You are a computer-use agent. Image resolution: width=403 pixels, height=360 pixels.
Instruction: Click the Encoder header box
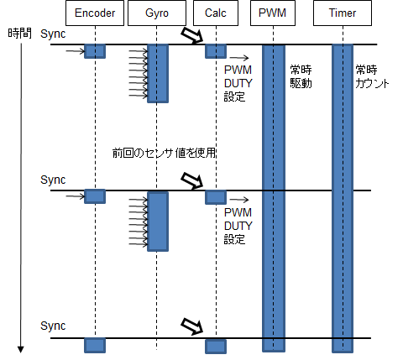95,13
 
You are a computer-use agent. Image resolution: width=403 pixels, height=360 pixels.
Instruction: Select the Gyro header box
157,13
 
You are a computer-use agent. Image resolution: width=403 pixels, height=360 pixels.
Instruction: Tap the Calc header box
216,13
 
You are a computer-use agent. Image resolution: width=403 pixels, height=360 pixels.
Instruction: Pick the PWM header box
273,13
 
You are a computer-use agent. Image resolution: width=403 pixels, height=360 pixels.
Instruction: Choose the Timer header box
343,13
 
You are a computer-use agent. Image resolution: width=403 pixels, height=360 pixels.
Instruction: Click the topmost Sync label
53,34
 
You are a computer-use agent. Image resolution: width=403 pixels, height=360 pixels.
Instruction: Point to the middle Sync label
53,180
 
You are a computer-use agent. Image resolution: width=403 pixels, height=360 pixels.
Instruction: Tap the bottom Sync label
53,326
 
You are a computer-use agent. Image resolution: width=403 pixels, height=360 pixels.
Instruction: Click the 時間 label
19,34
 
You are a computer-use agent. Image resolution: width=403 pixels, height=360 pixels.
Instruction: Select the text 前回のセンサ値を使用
164,153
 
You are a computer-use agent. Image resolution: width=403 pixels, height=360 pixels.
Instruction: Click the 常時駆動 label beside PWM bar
301,76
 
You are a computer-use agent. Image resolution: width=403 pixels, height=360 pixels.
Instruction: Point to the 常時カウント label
372,76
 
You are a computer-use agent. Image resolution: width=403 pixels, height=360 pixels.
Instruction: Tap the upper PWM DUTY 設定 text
238,83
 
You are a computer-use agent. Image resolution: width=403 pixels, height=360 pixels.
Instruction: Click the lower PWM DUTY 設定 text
238,226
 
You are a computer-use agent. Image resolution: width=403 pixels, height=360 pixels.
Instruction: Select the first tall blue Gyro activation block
158,74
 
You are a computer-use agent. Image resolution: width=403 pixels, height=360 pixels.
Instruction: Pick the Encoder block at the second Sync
95,196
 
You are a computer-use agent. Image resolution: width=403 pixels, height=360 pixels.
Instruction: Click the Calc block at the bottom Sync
216,347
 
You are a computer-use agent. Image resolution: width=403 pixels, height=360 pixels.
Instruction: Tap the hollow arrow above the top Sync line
192,35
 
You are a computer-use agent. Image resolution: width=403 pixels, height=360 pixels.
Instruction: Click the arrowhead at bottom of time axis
20,349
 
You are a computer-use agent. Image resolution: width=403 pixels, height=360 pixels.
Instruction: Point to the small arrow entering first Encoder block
75,51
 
